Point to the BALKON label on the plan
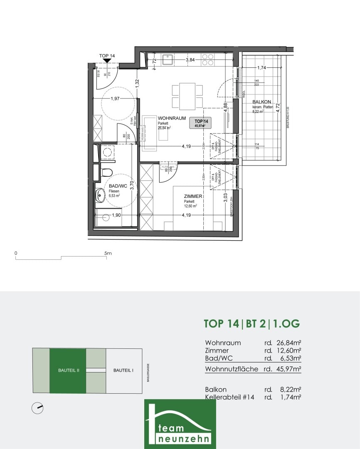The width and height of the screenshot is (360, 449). point(261,102)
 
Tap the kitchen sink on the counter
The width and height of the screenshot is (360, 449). point(168,60)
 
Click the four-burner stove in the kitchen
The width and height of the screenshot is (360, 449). point(208,60)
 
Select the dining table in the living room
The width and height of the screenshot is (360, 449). point(187,96)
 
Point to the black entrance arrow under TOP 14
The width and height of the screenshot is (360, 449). point(107,61)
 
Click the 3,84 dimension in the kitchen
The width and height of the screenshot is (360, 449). point(190,60)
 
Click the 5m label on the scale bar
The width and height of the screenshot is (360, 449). point(108,253)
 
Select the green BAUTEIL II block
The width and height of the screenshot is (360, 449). point(68,370)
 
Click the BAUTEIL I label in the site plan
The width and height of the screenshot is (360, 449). point(123,370)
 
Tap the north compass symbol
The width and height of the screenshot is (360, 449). point(37,408)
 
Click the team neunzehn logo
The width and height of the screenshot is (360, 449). point(180,424)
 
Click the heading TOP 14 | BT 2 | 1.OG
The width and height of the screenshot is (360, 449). point(252,323)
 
